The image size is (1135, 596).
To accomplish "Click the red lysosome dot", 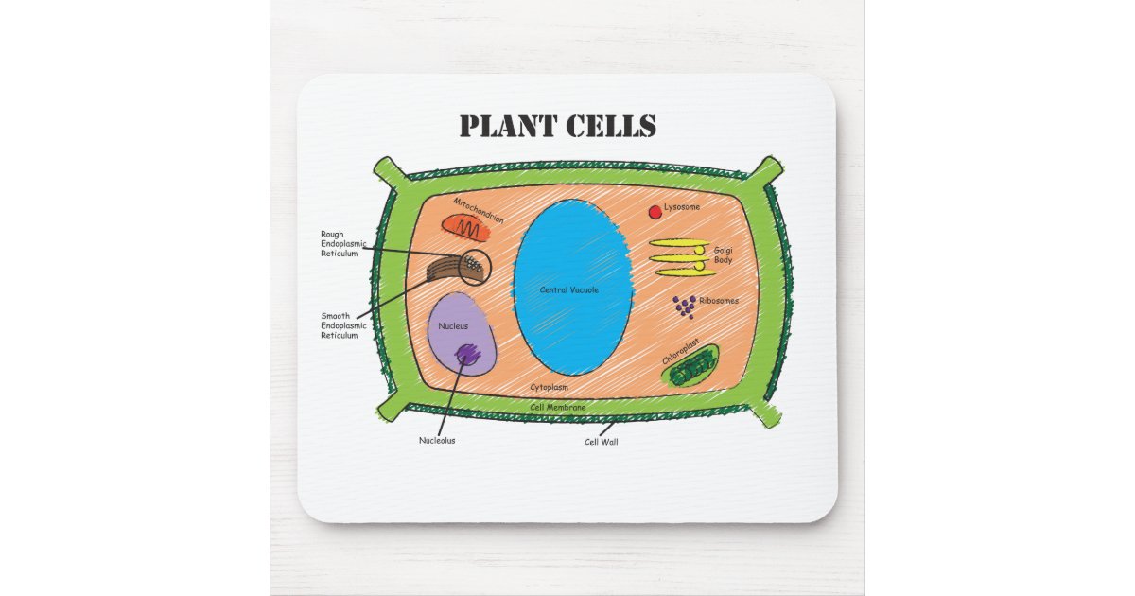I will [x=655, y=212].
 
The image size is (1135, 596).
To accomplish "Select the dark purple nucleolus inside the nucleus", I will [x=467, y=355].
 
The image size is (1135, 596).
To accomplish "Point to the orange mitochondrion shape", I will [x=466, y=227].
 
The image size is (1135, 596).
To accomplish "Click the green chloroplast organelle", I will [x=690, y=369].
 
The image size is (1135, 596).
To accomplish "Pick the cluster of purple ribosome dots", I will [x=684, y=306].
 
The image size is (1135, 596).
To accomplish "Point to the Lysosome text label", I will [x=682, y=206].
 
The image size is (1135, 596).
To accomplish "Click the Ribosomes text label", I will [x=719, y=301].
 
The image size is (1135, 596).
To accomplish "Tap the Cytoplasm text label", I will [x=549, y=388].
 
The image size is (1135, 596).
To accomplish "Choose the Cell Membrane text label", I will [x=557, y=408].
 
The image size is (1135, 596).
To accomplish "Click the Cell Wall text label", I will [x=601, y=442].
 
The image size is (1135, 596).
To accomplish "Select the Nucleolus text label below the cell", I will [x=437, y=440].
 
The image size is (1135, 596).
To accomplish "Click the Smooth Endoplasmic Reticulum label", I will [x=342, y=325].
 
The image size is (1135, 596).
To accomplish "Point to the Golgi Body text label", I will [x=723, y=254].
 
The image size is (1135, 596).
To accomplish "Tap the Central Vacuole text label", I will [x=568, y=290].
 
